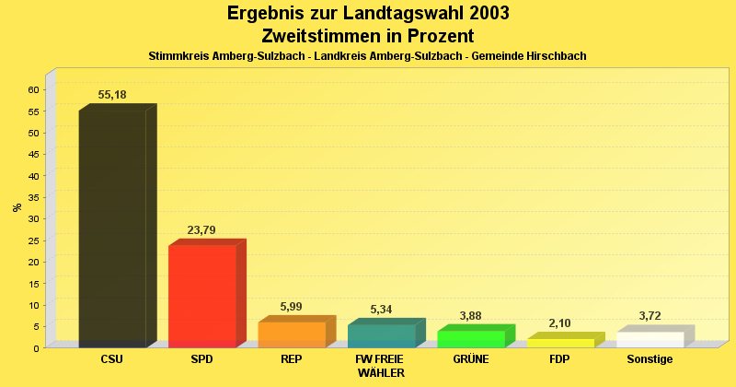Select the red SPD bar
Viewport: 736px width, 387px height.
tap(201, 296)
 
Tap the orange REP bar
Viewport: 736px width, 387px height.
tap(291, 334)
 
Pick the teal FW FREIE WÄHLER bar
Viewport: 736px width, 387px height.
tap(381, 336)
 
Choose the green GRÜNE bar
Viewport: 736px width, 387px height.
tap(470, 339)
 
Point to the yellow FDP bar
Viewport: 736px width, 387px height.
tap(560, 343)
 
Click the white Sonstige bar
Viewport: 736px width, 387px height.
tap(650, 339)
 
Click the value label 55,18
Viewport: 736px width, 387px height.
tap(112, 95)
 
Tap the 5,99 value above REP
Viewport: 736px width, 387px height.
tap(291, 307)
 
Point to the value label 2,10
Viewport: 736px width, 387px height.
tap(560, 323)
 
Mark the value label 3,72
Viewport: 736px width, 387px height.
tap(650, 316)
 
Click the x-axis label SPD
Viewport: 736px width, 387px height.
tap(201, 359)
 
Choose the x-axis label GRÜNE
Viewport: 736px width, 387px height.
tap(470, 359)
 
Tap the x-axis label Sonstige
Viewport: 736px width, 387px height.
tap(650, 359)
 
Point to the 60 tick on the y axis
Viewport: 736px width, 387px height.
tap(33, 89)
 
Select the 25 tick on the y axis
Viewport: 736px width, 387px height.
tap(33, 240)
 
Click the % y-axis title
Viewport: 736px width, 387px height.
tap(17, 207)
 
